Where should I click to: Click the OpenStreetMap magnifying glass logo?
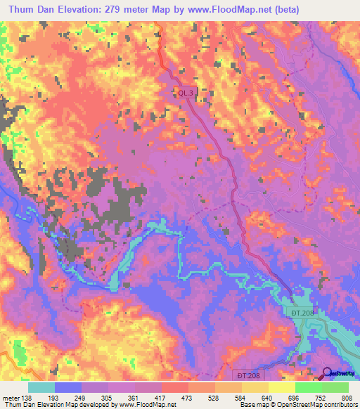327,375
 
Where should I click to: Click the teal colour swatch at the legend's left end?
41,387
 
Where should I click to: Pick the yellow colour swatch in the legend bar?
281,387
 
